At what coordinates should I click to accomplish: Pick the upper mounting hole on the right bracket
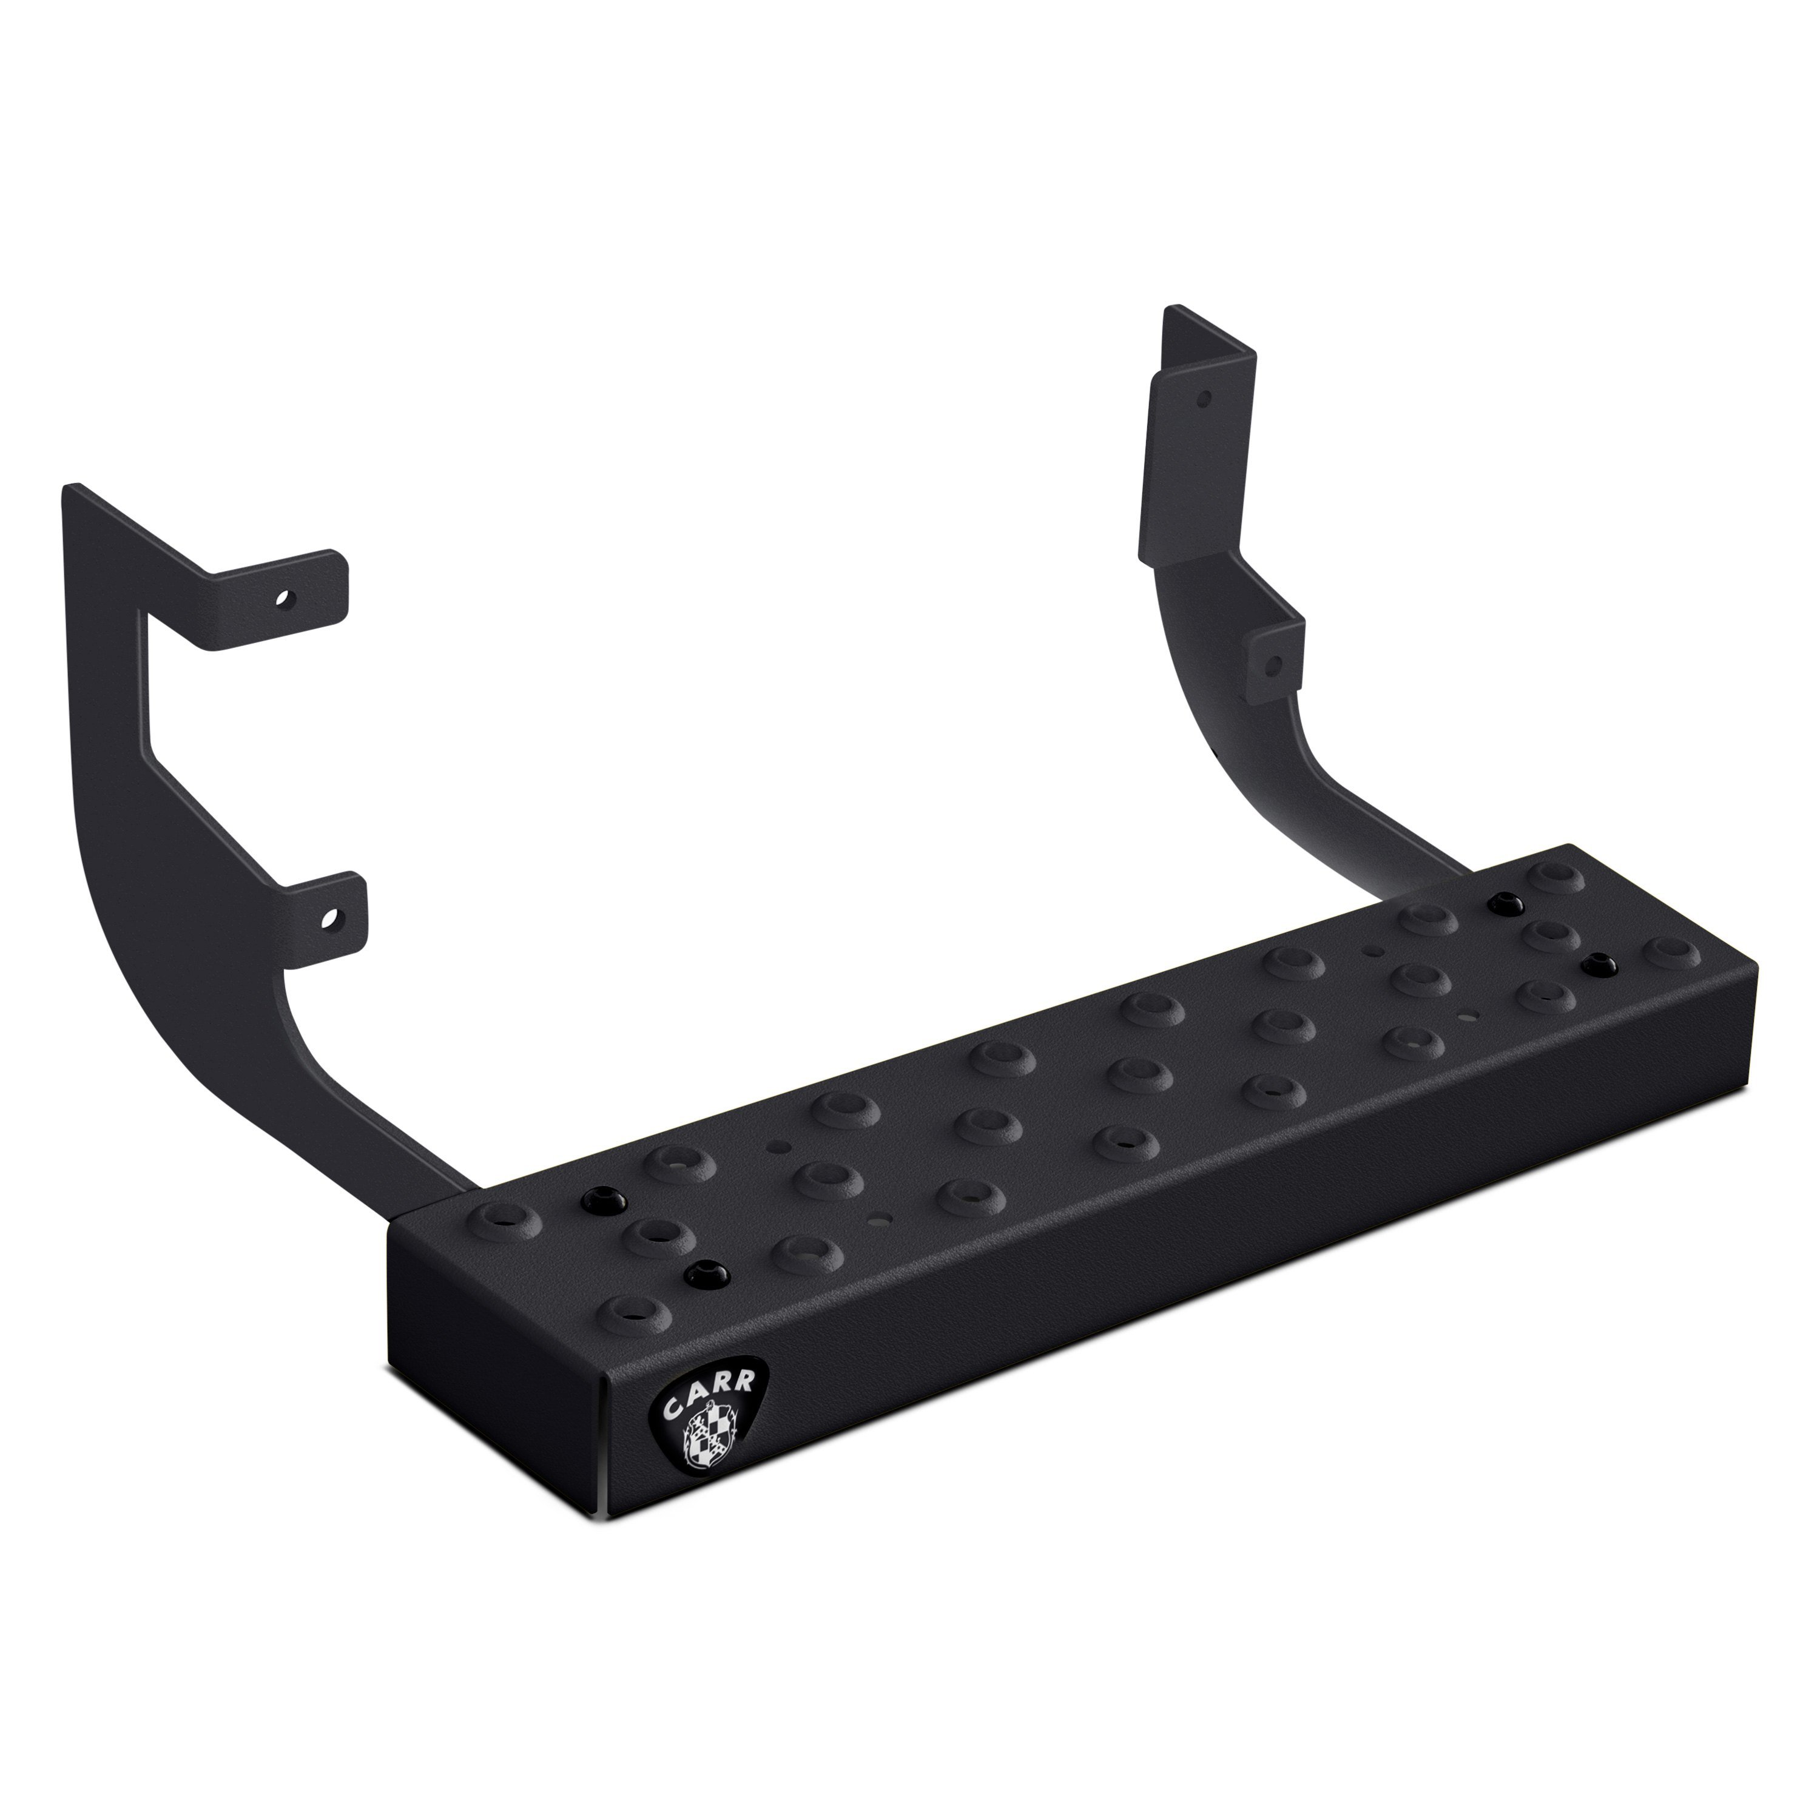[1202, 399]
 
